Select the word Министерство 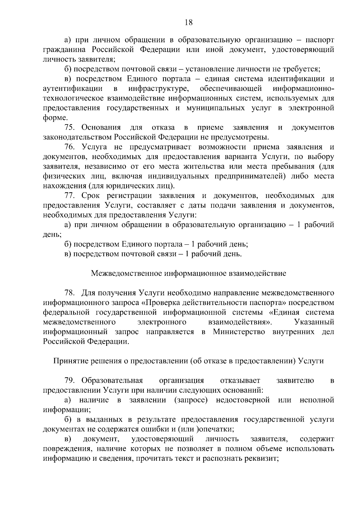point(239,332)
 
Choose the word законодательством point(77,137)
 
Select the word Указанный point(314,322)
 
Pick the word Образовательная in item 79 point(112,381)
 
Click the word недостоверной point(243,400)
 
